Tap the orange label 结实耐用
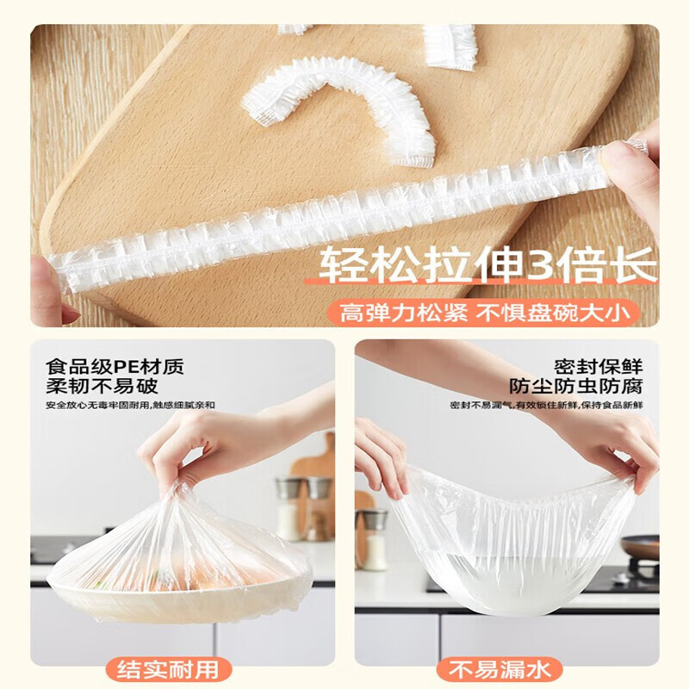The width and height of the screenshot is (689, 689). point(164,668)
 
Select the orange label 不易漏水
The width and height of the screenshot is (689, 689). point(499,668)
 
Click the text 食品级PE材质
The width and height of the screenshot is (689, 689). point(115,366)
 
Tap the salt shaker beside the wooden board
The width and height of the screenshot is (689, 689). point(376,542)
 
